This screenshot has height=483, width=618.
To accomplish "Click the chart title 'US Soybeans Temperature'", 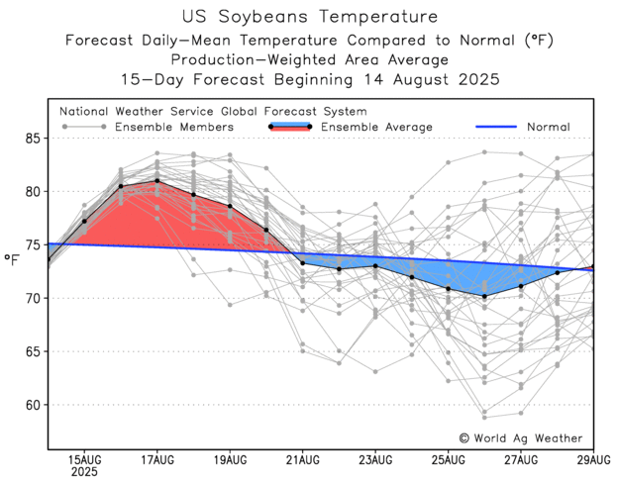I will (x=309, y=17).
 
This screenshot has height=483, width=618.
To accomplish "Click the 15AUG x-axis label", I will (x=84, y=460).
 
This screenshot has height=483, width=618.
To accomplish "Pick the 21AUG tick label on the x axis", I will (x=302, y=460).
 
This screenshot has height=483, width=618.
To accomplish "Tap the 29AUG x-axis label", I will (x=594, y=460).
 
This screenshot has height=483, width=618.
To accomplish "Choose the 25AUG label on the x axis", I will (x=448, y=460).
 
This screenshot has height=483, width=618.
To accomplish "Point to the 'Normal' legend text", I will (x=547, y=127).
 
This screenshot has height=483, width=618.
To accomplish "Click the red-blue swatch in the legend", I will (x=290, y=127).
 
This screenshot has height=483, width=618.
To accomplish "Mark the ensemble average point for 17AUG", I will (x=156, y=181).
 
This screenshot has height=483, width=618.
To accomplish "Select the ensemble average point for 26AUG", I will (x=484, y=296).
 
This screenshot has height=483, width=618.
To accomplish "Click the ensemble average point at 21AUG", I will (x=302, y=262).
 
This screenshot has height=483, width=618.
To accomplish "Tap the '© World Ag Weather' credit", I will (x=520, y=437).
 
